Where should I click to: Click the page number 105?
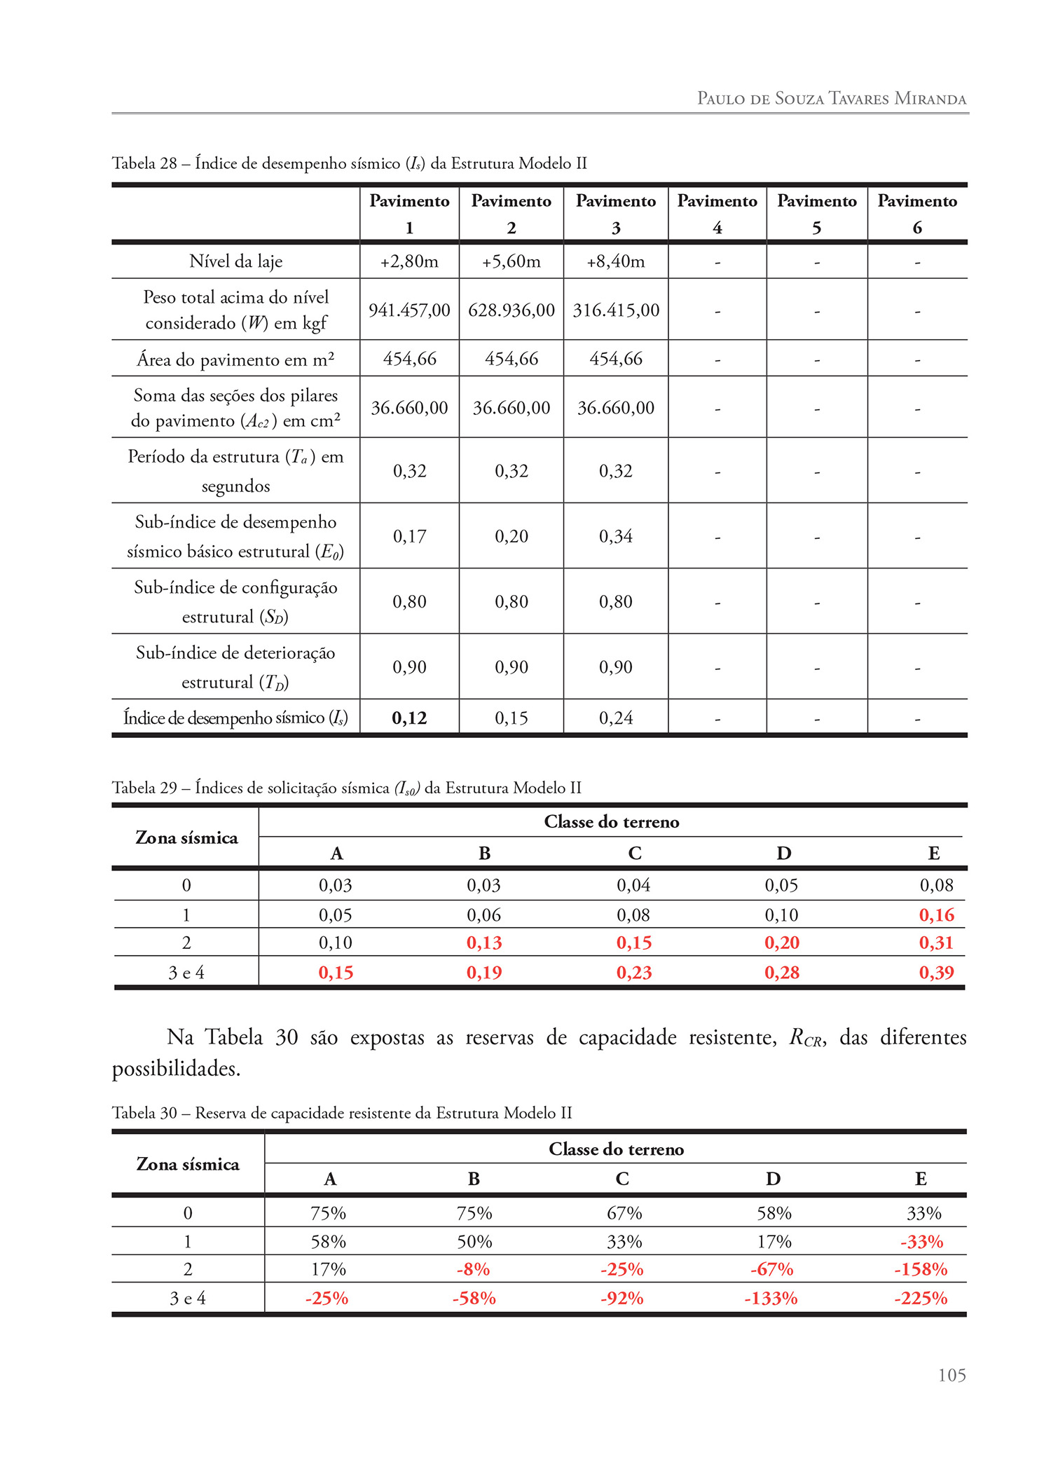(x=952, y=1375)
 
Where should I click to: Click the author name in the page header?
(x=831, y=98)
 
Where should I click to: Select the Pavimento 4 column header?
(x=717, y=214)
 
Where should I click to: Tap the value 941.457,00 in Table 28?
(x=409, y=310)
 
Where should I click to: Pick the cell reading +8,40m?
(x=615, y=261)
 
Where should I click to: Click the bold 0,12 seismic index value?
(x=409, y=718)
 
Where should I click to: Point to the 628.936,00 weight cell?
(x=511, y=310)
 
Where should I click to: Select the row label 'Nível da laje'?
(x=235, y=261)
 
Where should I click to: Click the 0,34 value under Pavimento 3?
(x=615, y=536)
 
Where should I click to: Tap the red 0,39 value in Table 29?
(x=936, y=973)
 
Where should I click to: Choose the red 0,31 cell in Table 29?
(x=936, y=943)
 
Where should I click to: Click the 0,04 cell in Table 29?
(x=633, y=885)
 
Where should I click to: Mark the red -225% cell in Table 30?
(x=921, y=1299)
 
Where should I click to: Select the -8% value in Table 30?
(x=474, y=1269)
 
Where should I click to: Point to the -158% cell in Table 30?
(x=921, y=1269)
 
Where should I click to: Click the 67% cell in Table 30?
(x=624, y=1213)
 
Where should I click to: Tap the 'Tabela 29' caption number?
(x=144, y=788)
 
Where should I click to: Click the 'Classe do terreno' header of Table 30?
(x=616, y=1149)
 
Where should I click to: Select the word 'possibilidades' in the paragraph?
(x=175, y=1069)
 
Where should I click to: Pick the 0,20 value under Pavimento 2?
(x=511, y=536)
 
